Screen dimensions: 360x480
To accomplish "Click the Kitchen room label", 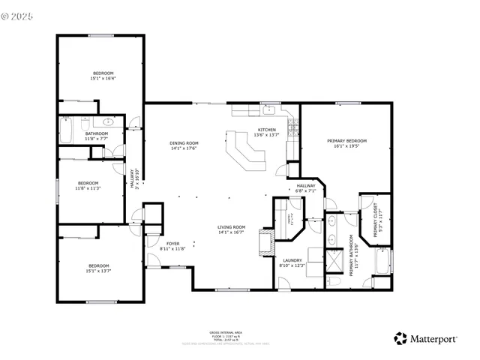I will coord(266,130).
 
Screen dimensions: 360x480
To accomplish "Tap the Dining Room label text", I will coord(183,143).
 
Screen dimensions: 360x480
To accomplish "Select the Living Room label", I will coord(231,227).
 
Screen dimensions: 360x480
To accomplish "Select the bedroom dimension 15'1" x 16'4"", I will coord(103,78).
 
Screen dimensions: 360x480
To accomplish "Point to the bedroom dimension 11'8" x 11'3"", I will coord(88,188).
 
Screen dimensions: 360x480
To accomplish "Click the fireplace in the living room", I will coord(264,242).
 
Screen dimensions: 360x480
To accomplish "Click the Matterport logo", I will coord(425,339).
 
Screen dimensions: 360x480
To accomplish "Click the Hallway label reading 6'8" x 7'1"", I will coord(306,187).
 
